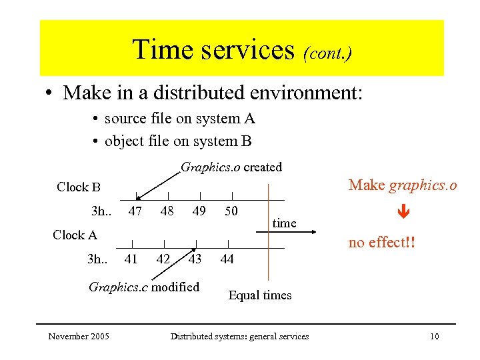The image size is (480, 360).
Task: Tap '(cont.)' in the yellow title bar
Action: (x=327, y=52)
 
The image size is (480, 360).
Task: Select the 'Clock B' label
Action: (x=79, y=187)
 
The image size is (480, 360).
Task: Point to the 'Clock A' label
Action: (x=75, y=235)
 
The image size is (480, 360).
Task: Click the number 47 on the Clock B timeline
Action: (x=135, y=211)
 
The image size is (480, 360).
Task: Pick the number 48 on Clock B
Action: (x=167, y=211)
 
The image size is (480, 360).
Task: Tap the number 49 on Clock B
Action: (x=199, y=211)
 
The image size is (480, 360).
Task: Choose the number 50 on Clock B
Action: (x=231, y=211)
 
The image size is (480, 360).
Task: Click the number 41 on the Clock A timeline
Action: (x=131, y=259)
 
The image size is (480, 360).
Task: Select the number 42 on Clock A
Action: (x=163, y=259)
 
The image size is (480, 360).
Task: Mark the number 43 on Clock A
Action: (x=195, y=259)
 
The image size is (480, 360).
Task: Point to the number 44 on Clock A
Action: (x=227, y=259)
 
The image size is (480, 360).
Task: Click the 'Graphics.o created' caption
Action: (x=231, y=167)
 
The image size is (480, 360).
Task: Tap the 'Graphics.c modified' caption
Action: (x=144, y=287)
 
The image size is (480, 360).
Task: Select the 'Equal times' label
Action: (x=260, y=295)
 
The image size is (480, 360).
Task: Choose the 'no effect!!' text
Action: (x=382, y=242)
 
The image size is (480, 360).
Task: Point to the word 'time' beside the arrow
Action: (x=284, y=223)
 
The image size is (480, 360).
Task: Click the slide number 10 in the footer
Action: (x=434, y=336)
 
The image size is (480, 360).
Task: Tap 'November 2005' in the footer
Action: (x=79, y=336)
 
